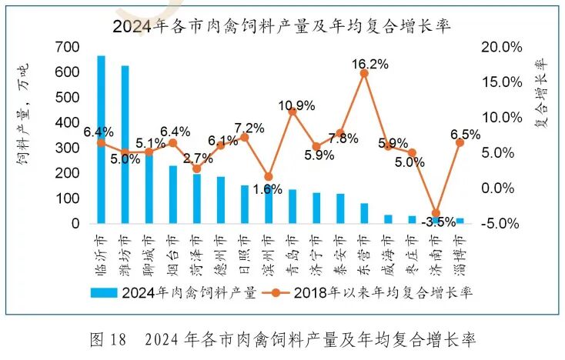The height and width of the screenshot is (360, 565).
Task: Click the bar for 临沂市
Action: point(101,139)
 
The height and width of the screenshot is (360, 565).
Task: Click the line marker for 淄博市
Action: point(460,142)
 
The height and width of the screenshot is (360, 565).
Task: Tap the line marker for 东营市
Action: point(364,73)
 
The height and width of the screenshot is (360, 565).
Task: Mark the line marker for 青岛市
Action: point(293,112)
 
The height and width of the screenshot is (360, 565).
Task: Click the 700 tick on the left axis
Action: point(69,47)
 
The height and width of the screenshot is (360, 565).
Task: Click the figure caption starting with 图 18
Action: point(282,339)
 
